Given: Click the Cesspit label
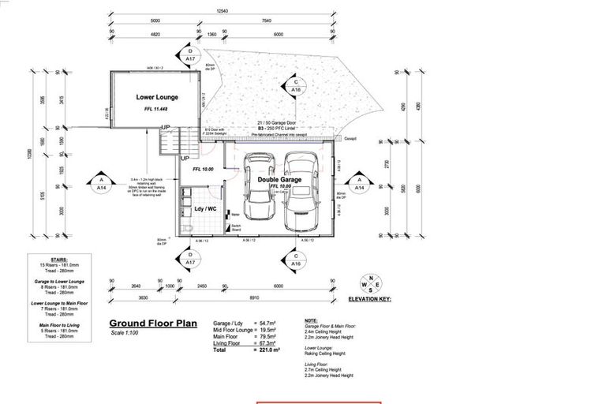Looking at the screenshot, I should coord(350,137).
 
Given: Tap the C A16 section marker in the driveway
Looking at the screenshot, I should coord(295,86).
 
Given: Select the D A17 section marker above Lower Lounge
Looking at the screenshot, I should coord(190,55).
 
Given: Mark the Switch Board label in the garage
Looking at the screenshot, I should coord(234,228).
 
